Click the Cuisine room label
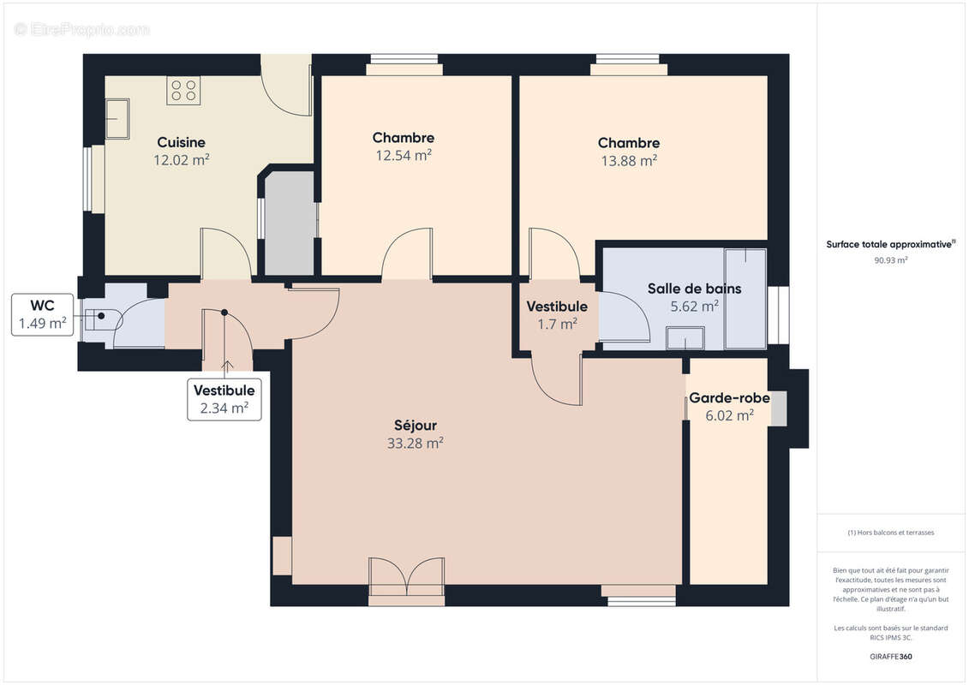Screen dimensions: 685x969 [x=181, y=142]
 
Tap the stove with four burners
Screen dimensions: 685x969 [x=183, y=91]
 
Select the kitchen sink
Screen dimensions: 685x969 [x=117, y=118]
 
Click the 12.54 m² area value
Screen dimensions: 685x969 [x=403, y=155]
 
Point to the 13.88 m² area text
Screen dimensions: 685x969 [x=629, y=160]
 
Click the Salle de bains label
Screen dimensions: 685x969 [x=694, y=289]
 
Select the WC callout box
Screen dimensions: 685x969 [x=42, y=314]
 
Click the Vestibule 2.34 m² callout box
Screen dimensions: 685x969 [x=224, y=399]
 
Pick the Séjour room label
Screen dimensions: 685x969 [x=415, y=426]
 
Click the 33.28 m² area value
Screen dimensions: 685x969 [x=415, y=443]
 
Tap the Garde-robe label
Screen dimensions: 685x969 [x=729, y=398]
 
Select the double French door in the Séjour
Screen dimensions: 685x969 [x=407, y=577]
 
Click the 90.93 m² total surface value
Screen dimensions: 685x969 [x=890, y=260]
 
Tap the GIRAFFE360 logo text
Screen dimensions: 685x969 [x=890, y=658]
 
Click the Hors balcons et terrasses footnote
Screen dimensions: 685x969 [x=891, y=533]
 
